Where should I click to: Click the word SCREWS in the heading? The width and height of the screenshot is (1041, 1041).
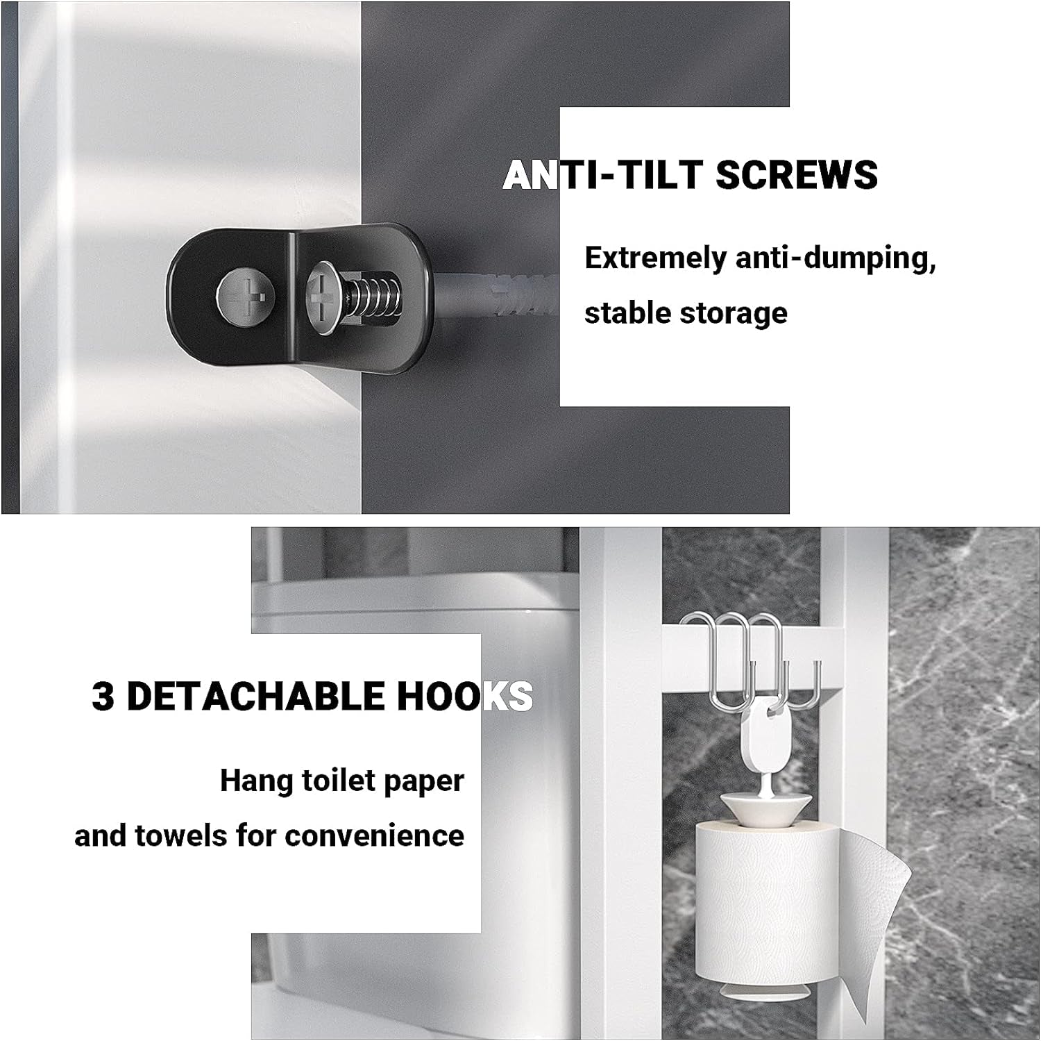(796, 174)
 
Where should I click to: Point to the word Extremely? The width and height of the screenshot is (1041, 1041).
(655, 258)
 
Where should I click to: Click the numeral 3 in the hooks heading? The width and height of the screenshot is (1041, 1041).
(103, 697)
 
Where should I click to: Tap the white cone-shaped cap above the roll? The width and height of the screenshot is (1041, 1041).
(765, 807)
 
